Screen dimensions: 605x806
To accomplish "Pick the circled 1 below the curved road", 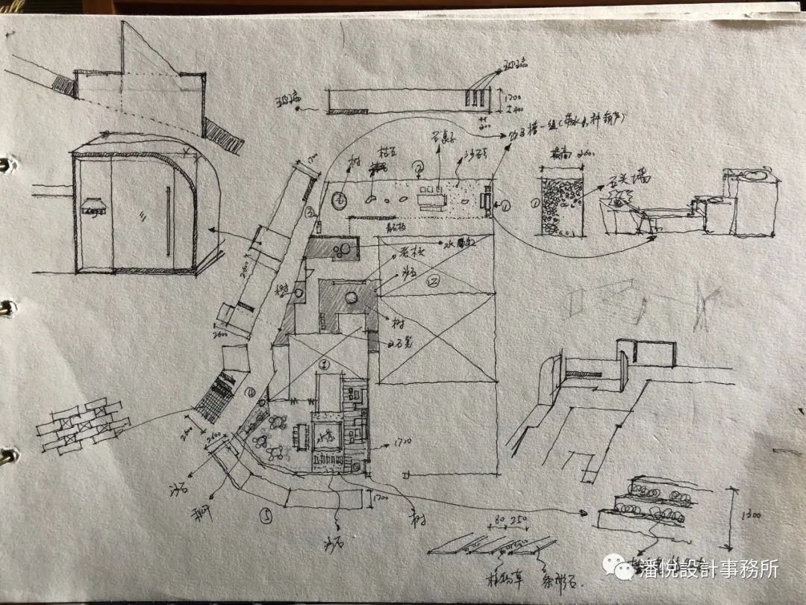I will point(265,515).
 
